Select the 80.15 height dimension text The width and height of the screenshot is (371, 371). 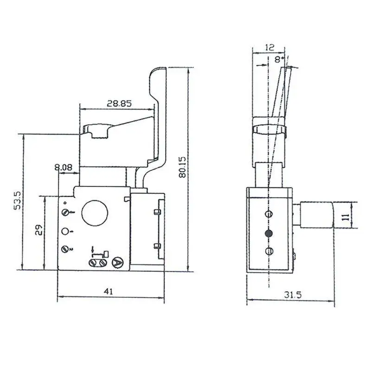182,167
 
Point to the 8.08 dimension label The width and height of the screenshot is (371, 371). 63,167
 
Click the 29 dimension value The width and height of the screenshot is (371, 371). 39,230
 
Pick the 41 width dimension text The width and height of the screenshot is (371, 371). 109,292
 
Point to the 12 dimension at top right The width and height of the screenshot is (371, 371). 269,47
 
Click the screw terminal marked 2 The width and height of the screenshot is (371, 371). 65,249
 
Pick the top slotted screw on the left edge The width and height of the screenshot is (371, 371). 65,212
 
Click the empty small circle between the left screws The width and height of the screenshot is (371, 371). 65,231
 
